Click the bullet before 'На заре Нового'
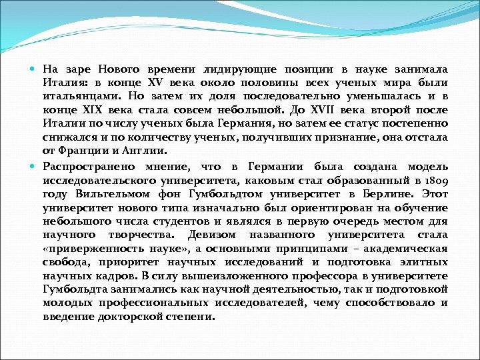[x=35, y=69]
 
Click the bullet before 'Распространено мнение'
[x=35, y=166]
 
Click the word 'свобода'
[x=67, y=262]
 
